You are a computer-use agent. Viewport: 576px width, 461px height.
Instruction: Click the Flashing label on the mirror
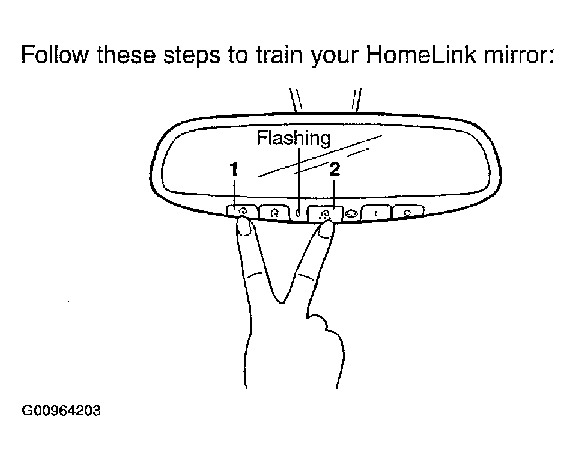(x=294, y=139)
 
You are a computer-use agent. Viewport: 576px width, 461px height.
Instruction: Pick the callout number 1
(x=234, y=169)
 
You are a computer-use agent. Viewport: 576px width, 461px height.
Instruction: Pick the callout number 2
(x=335, y=169)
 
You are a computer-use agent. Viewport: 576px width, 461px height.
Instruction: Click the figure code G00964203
(x=61, y=411)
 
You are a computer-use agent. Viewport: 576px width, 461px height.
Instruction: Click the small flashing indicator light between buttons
(x=299, y=213)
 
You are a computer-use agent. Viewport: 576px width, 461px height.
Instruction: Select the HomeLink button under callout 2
(x=325, y=213)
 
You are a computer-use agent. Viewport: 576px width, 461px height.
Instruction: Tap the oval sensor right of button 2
(x=352, y=213)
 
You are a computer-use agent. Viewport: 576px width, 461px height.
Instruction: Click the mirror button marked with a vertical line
(x=376, y=213)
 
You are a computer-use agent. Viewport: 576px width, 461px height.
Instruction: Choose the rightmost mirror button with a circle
(x=408, y=212)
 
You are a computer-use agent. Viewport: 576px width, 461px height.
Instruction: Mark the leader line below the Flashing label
(x=299, y=179)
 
